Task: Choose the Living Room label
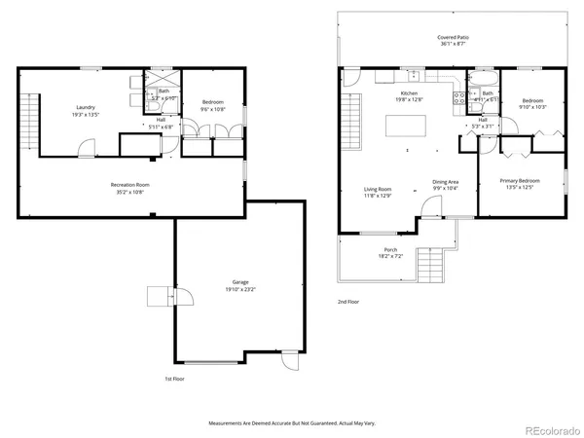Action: tap(378, 190)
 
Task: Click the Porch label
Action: tap(390, 250)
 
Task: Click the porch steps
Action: tap(429, 263)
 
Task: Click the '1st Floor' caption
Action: tap(174, 378)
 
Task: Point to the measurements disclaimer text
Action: tap(291, 423)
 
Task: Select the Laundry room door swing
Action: tap(88, 147)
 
